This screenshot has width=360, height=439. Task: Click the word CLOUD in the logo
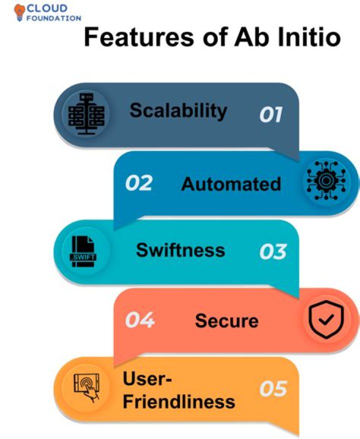click(x=48, y=8)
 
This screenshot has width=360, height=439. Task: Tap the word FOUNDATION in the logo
click(x=54, y=18)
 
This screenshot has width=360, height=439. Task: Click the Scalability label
click(x=178, y=110)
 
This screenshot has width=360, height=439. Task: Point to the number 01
click(x=270, y=115)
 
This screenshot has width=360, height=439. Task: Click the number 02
click(x=138, y=183)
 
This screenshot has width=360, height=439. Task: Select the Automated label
click(x=231, y=184)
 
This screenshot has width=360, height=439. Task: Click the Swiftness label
click(x=180, y=249)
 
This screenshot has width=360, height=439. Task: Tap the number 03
click(x=272, y=251)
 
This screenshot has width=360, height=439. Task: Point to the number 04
click(x=138, y=320)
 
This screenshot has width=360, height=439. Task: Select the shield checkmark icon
click(x=325, y=320)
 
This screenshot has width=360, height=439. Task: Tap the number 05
click(x=273, y=389)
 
